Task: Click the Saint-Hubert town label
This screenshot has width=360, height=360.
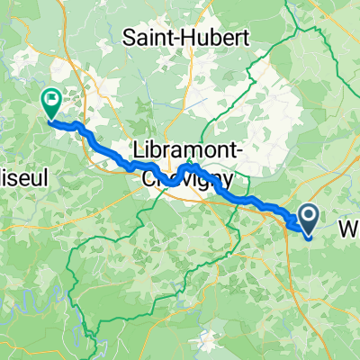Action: pyautogui.click(x=188, y=39)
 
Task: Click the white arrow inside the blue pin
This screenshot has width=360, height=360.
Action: pyautogui.click(x=308, y=214)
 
